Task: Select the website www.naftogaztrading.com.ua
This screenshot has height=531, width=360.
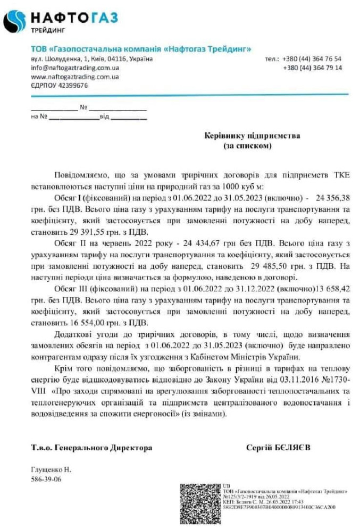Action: click(74, 77)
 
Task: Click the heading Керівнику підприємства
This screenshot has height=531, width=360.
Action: click(252, 136)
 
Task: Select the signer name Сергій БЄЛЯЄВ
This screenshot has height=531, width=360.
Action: click(279, 448)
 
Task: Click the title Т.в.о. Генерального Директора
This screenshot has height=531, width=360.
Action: click(91, 448)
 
